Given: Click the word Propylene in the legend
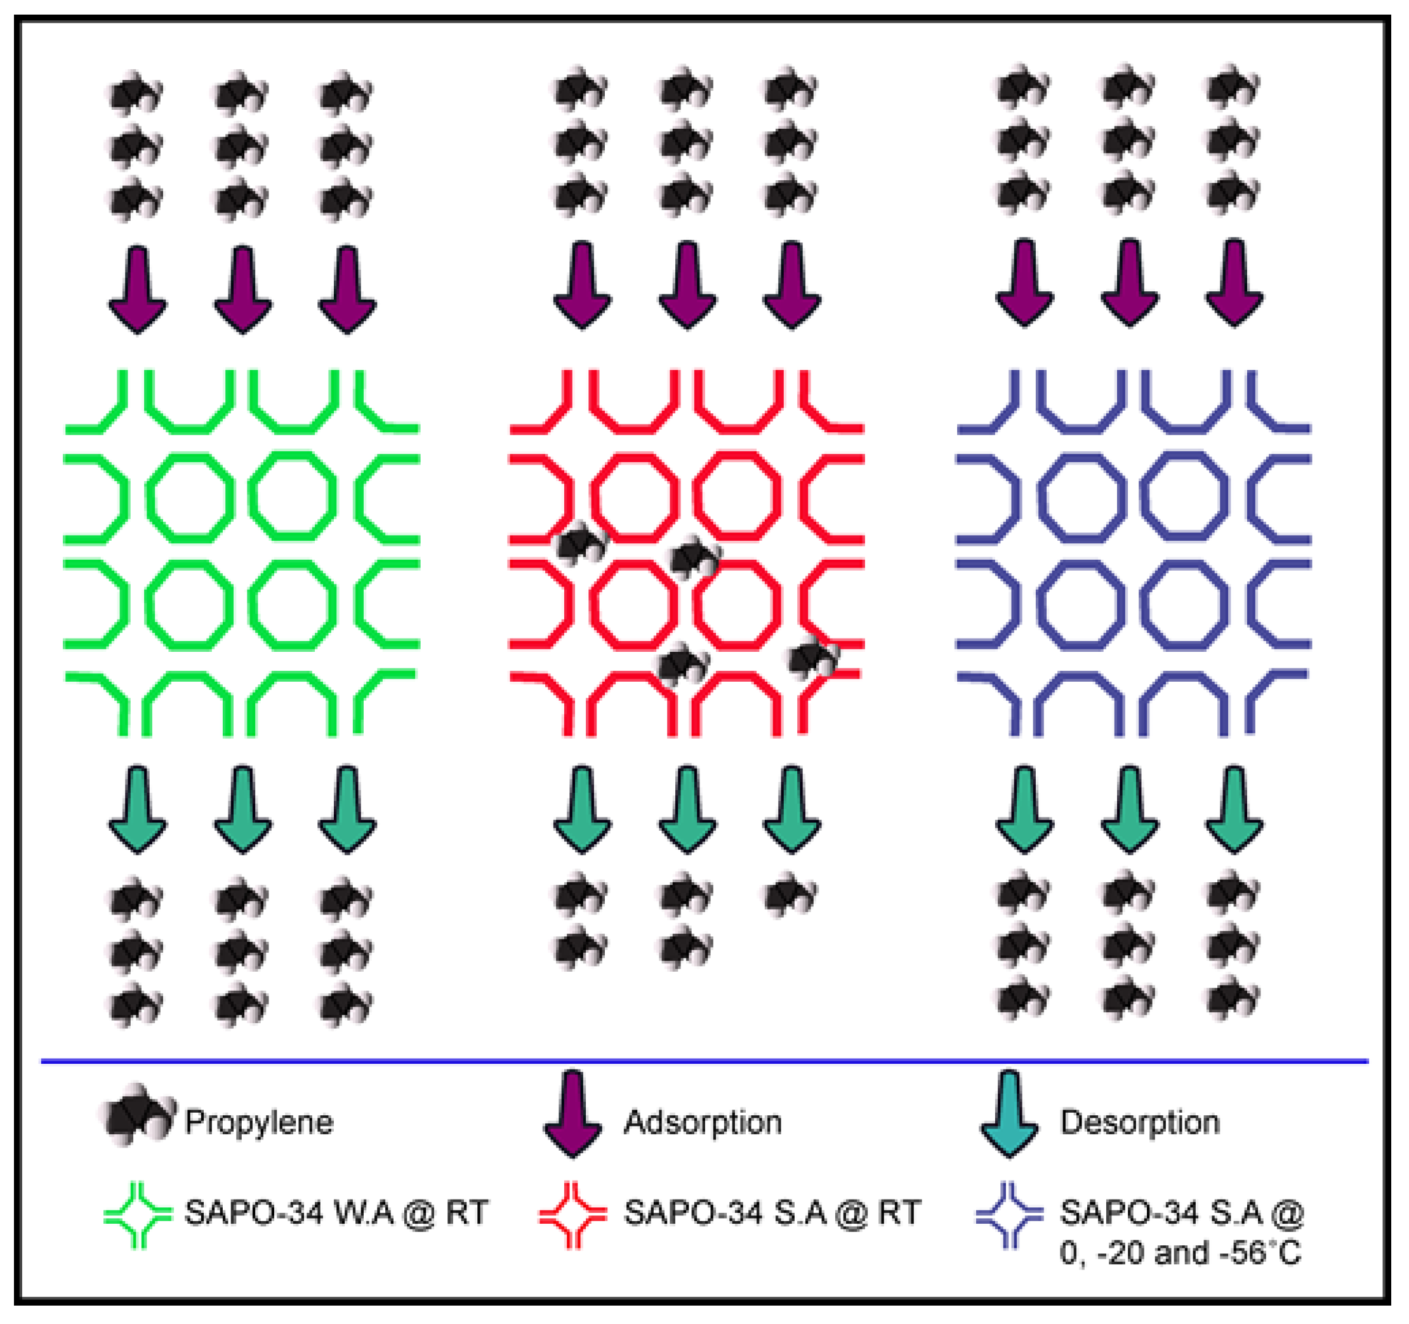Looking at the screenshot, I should (259, 1122).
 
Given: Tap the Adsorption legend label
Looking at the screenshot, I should (703, 1122).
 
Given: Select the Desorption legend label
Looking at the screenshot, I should (1140, 1122).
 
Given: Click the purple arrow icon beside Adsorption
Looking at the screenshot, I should (572, 1113).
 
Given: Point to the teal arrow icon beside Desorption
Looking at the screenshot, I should (1009, 1113).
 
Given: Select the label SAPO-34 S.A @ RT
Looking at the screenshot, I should (772, 1213).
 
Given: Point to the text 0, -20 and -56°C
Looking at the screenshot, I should (1180, 1253).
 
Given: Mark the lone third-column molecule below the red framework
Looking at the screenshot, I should (790, 894).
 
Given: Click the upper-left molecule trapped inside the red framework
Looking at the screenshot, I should (582, 545).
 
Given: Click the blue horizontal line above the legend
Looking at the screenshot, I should (704, 1061).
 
